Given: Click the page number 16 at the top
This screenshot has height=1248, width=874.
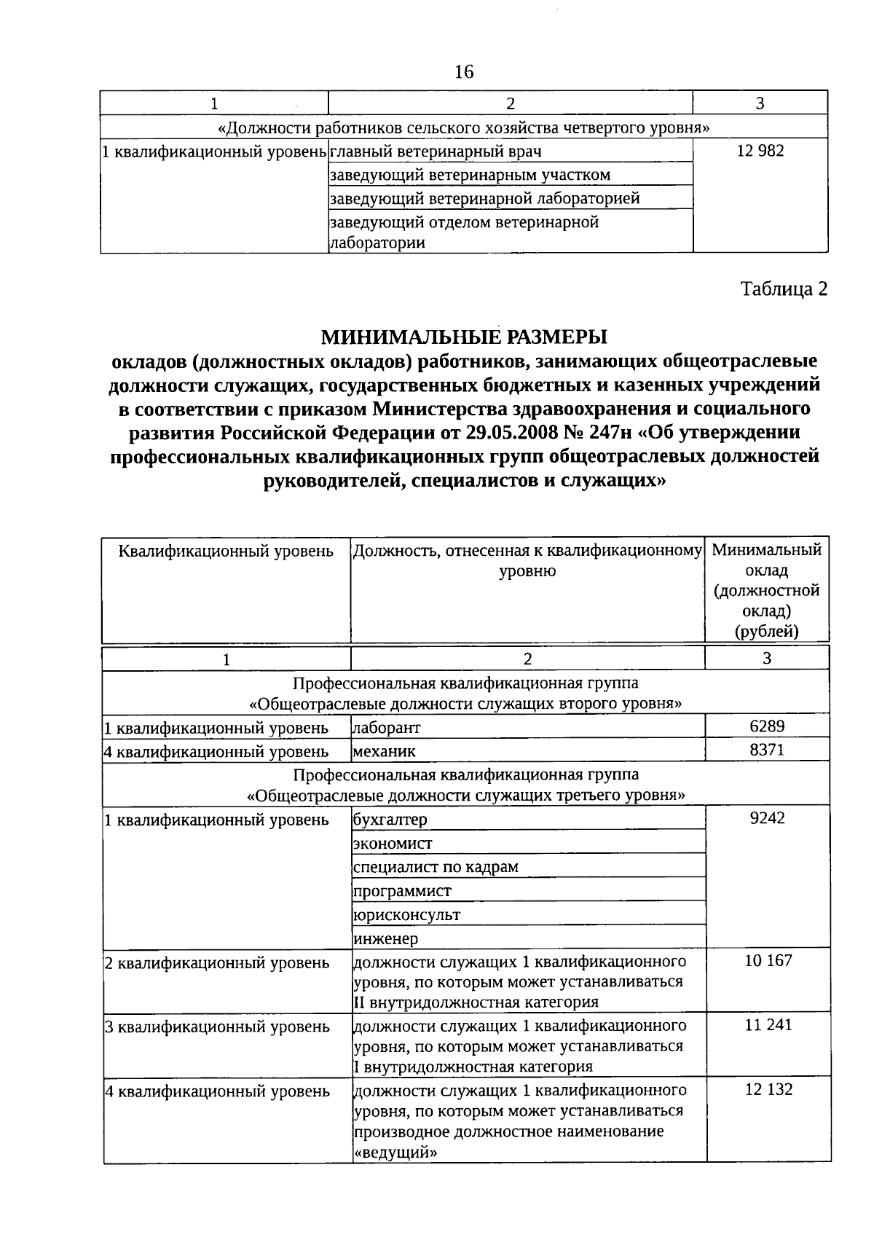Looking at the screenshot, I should [x=464, y=71].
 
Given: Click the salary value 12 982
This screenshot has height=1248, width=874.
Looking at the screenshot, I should [x=760, y=151].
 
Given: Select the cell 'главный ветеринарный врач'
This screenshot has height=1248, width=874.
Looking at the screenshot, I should [x=436, y=151].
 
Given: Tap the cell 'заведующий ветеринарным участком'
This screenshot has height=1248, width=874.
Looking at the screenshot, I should [x=471, y=175].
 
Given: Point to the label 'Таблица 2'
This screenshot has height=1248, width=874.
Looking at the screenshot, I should [x=784, y=289].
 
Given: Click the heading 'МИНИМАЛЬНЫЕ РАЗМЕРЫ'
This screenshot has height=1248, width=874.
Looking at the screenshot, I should [x=464, y=337].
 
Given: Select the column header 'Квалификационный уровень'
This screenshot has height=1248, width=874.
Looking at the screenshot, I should [x=226, y=551].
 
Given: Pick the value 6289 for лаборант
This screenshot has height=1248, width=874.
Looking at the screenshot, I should [x=767, y=726].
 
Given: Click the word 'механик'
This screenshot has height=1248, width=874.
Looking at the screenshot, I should [x=384, y=751].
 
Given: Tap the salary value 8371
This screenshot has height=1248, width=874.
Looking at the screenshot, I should [x=767, y=750].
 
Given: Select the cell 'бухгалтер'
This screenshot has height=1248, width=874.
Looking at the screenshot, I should [x=390, y=819].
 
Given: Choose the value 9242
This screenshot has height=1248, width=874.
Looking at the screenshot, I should [x=767, y=818].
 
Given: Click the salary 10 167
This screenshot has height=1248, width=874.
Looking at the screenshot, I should [x=768, y=960].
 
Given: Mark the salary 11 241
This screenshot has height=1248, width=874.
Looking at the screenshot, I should [x=768, y=1025].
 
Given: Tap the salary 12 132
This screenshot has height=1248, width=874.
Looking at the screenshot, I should [x=768, y=1089].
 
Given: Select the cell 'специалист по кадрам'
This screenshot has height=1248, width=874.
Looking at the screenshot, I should [x=436, y=867].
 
